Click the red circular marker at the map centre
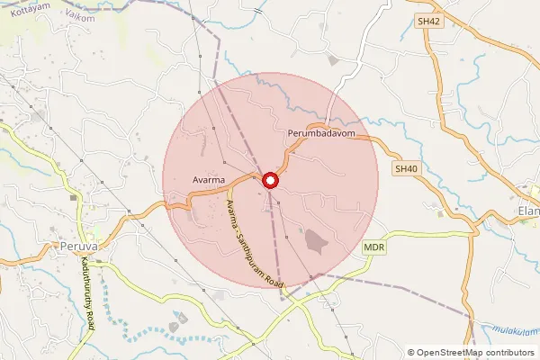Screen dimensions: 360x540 (x=271, y=181)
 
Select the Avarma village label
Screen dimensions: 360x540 (x=209, y=180)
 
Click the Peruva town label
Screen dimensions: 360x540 (x=76, y=245)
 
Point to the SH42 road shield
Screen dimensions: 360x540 (x=428, y=22)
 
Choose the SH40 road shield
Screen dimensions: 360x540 (x=406, y=168)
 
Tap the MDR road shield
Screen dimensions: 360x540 (x=374, y=247)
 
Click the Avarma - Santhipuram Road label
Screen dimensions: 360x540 (x=255, y=245)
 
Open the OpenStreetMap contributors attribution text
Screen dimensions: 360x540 (x=476, y=353)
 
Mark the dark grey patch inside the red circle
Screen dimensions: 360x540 (x=315, y=239)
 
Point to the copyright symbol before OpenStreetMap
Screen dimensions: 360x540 (x=412, y=353)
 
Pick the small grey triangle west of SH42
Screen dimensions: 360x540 (x=333, y=60)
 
